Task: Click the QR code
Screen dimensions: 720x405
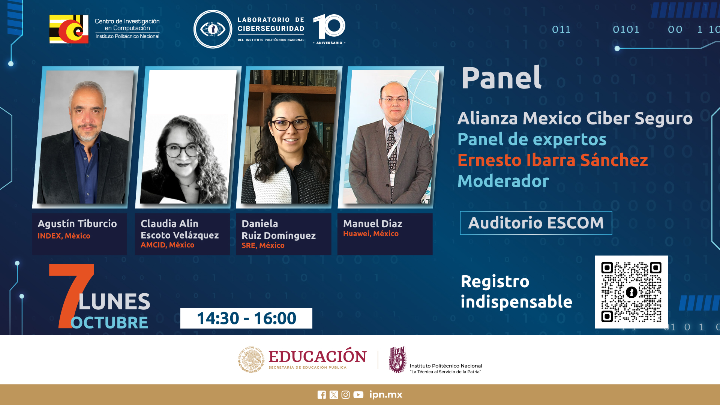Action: (x=631, y=292)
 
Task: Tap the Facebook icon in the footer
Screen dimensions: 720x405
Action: (x=322, y=394)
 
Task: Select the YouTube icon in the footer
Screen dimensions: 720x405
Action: (x=358, y=394)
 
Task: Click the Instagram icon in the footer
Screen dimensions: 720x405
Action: (x=345, y=394)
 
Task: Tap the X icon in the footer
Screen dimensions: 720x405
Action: (x=334, y=394)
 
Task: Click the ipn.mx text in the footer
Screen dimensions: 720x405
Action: (x=385, y=395)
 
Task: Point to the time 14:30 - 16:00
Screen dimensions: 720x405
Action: (x=246, y=318)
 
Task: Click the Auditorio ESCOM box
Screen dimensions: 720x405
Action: (x=536, y=223)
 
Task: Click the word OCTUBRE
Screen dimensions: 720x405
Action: (x=109, y=322)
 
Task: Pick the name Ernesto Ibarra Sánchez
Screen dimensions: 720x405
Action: (x=552, y=160)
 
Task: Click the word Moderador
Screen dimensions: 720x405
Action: (x=503, y=181)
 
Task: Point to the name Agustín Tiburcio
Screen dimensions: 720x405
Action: (x=77, y=224)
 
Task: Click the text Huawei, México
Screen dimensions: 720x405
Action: (x=371, y=234)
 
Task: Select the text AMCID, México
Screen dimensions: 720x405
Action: (x=168, y=245)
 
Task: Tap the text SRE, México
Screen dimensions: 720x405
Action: (x=263, y=245)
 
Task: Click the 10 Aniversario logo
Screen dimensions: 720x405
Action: (x=329, y=29)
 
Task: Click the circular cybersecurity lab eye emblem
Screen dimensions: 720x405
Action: (x=213, y=29)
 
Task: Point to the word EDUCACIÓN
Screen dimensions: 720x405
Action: (x=318, y=356)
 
